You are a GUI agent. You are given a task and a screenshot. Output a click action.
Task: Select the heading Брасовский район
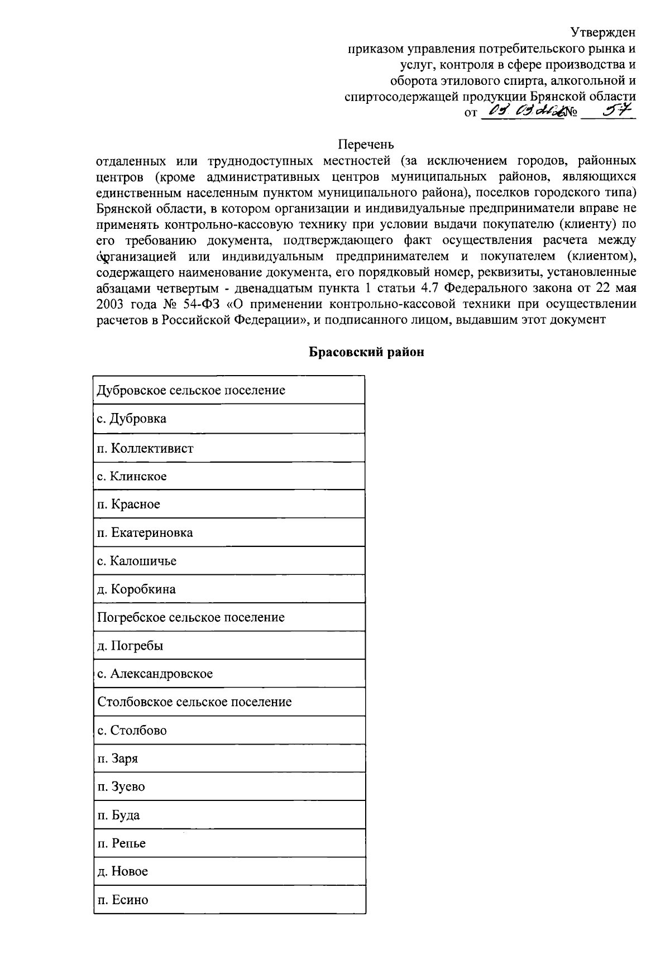click(367, 352)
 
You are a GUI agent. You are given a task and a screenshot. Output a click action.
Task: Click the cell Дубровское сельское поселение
click(191, 390)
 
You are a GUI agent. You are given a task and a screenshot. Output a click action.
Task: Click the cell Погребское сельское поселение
click(191, 617)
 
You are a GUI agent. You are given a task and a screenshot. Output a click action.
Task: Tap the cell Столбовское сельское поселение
click(194, 702)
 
